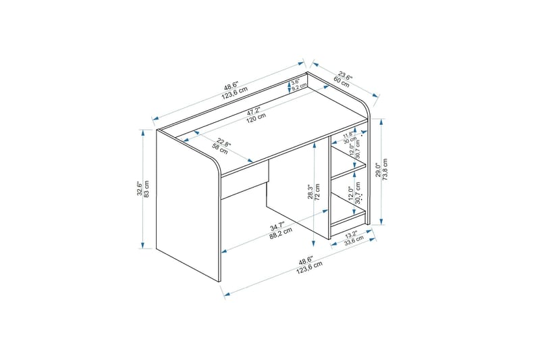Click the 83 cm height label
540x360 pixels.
coord(146,188)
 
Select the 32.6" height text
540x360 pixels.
coord(138,188)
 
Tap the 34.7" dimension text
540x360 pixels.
coord(276,226)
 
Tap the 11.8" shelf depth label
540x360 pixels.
coord(348,135)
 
